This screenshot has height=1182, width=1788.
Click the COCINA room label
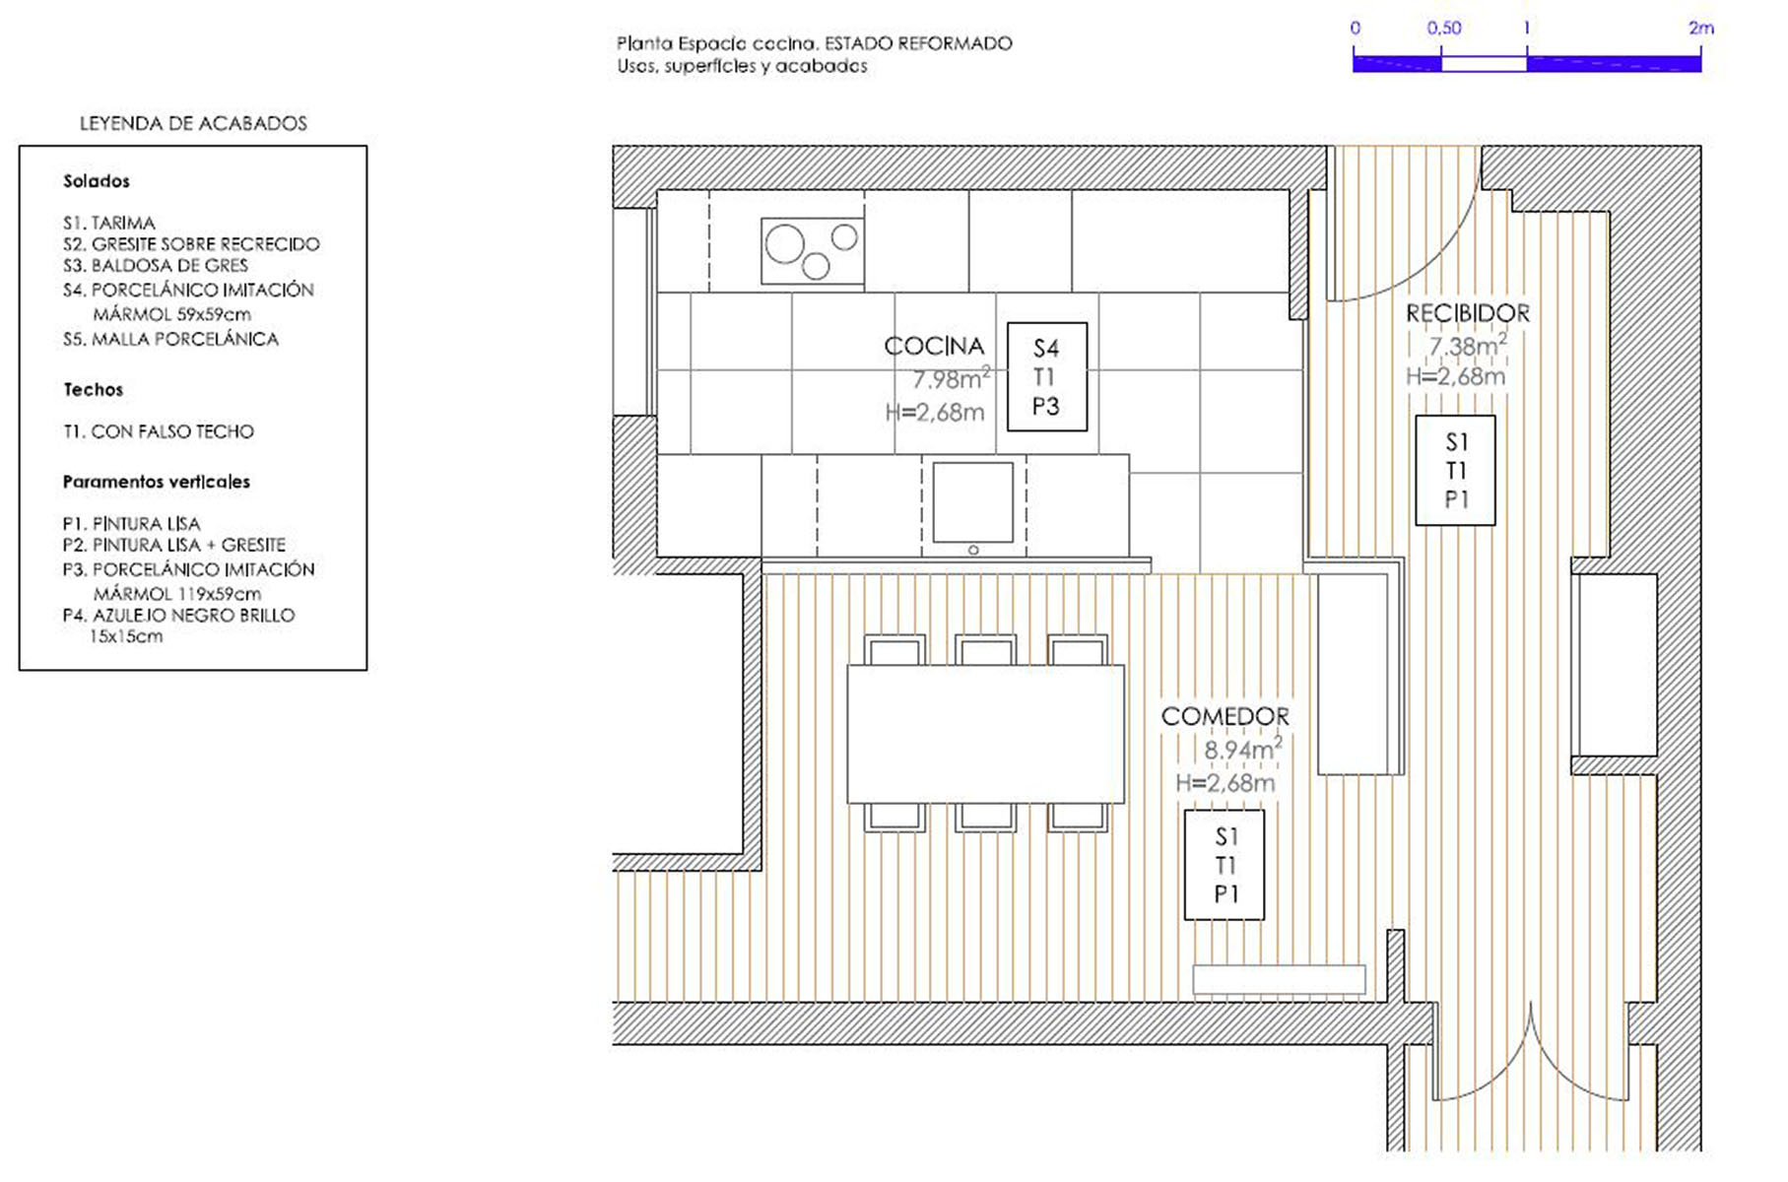point(934,347)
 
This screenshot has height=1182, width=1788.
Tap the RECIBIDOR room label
point(1468,314)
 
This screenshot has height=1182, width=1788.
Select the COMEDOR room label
point(1225,717)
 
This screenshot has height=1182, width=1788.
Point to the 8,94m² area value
point(1243,749)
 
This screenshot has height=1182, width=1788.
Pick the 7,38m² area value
point(1468,345)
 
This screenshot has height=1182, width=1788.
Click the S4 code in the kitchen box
point(1046,349)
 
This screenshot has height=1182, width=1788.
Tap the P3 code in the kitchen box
point(1046,406)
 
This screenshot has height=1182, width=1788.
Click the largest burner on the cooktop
point(785,243)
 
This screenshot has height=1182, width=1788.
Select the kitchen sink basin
point(973,502)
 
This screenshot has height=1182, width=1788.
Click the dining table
point(985,734)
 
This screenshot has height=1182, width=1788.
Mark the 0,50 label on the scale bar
point(1444,29)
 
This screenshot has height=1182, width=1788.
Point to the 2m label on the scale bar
point(1701,29)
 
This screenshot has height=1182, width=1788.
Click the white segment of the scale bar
point(1484,64)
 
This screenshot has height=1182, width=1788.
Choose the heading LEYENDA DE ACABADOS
point(193,123)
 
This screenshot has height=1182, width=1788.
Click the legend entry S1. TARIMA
point(109,223)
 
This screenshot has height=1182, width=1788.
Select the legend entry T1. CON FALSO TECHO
point(159,431)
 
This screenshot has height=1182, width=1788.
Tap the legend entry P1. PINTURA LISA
point(131,523)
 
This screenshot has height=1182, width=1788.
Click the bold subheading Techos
point(94,389)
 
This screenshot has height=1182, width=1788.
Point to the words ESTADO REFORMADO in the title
point(918,43)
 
